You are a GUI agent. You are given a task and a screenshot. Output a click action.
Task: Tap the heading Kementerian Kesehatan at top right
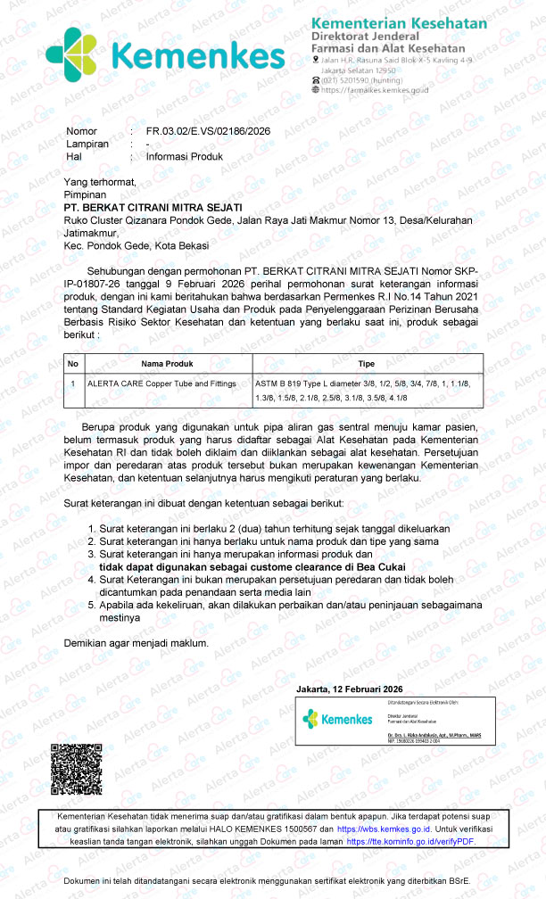pyautogui.click(x=399, y=23)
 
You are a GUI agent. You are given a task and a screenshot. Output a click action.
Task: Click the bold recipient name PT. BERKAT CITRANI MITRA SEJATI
pyautogui.click(x=153, y=207)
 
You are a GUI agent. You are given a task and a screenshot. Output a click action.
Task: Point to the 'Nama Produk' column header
pyautogui.click(x=167, y=364)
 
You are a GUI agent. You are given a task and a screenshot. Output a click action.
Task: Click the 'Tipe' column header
pyautogui.click(x=366, y=364)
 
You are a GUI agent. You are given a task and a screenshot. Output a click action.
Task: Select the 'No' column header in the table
pyautogui.click(x=73, y=364)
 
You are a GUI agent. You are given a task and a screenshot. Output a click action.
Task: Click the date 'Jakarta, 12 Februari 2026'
pyautogui.click(x=350, y=689)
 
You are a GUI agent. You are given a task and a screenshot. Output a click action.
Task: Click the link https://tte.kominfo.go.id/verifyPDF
pyautogui.click(x=410, y=841)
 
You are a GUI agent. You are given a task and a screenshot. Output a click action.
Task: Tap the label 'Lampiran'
pyautogui.click(x=87, y=144)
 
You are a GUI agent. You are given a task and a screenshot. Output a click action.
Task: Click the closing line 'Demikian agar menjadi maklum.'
pyautogui.click(x=136, y=643)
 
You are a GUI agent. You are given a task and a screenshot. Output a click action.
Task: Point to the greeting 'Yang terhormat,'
pyautogui.click(x=100, y=182)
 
